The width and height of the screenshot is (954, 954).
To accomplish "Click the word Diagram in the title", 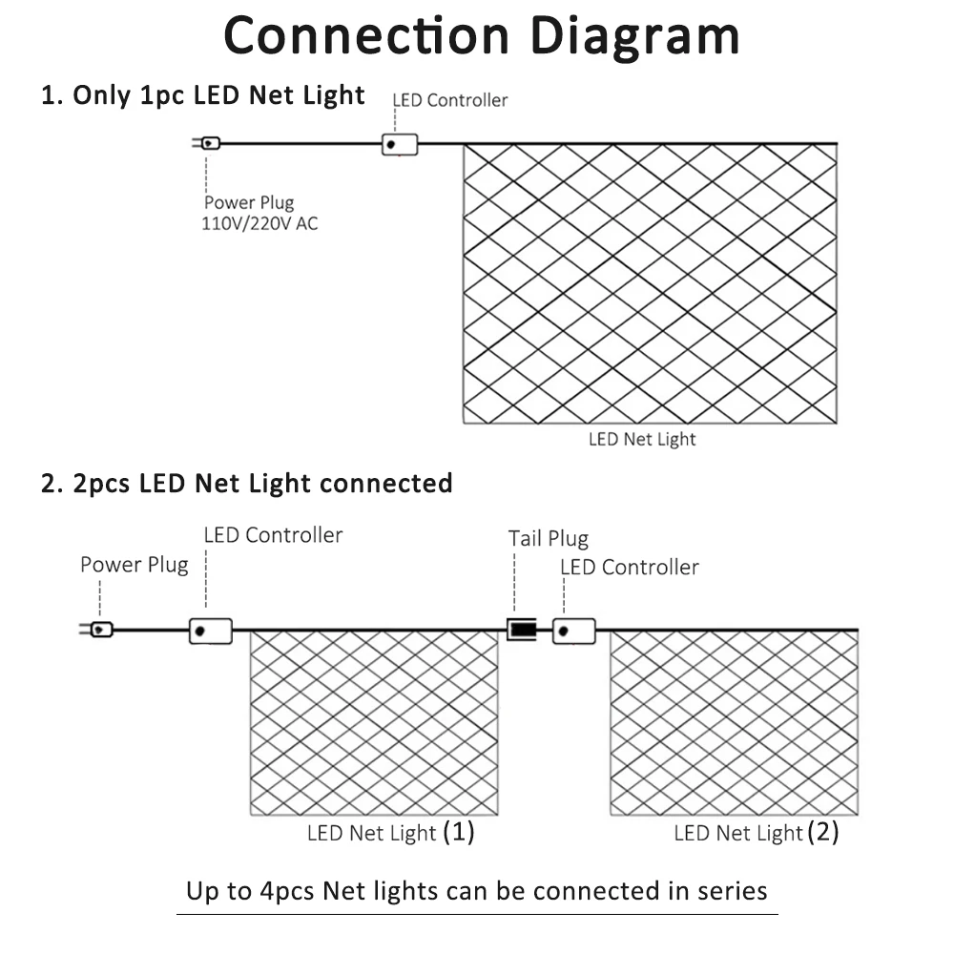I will tap(634, 36).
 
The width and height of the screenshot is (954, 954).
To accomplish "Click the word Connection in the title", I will tap(366, 36).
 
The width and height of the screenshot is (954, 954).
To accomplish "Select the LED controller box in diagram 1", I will tap(400, 144).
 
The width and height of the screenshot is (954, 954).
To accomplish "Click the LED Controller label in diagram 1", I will tap(450, 100).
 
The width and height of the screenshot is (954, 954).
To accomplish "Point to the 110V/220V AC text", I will tap(259, 224).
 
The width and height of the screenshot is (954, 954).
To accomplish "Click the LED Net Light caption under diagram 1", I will tap(642, 440).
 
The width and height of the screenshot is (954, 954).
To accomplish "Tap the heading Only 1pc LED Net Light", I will tap(203, 95).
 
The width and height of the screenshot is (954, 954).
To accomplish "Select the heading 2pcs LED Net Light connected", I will tap(247, 484).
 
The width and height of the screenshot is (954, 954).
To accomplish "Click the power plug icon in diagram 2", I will tap(99, 630).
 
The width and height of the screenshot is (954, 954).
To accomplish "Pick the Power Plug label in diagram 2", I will tap(134, 565).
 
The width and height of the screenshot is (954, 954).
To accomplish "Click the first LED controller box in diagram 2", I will tap(210, 631).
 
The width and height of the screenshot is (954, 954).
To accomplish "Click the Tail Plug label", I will tap(548, 539).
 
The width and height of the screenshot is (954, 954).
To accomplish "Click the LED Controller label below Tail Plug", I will tap(629, 568).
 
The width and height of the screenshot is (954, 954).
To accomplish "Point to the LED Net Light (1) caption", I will tap(390, 833).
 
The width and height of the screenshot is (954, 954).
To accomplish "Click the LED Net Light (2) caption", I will tap(757, 833).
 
